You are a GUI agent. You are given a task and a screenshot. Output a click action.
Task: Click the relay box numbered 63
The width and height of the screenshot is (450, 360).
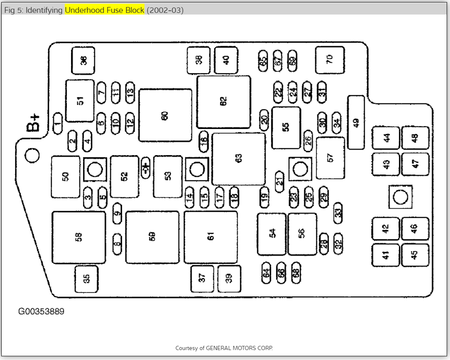(238, 159)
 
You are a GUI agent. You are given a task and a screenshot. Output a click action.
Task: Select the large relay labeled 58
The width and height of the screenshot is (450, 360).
(78, 237)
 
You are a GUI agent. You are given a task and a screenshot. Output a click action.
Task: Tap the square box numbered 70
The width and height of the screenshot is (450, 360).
(330, 60)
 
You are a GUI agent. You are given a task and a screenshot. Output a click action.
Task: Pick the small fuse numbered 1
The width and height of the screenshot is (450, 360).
(58, 123)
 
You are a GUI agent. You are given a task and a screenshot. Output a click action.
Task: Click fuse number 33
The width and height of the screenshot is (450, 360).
(338, 212)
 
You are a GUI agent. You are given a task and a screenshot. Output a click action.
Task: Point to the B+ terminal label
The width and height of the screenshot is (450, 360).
(34, 122)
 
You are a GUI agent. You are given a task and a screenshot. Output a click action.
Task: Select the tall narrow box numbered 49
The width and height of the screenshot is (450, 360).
(356, 122)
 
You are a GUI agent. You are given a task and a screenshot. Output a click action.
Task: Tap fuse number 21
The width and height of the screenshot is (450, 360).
(279, 181)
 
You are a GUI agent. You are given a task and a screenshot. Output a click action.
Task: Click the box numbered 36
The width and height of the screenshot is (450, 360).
(83, 61)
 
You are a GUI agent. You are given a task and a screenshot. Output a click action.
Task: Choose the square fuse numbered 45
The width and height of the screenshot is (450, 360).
(415, 255)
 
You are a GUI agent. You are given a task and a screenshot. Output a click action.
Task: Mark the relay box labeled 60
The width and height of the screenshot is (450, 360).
(165, 115)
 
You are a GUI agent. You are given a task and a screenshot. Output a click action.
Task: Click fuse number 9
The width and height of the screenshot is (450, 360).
(117, 213)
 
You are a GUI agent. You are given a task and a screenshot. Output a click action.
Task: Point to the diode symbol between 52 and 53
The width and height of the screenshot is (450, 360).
(146, 168)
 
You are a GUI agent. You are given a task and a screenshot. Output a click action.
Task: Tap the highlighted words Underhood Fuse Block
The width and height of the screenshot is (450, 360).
(104, 10)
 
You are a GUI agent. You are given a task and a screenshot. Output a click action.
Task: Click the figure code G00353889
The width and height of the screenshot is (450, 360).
(41, 311)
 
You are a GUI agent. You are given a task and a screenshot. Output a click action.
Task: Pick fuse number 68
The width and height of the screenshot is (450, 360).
(296, 272)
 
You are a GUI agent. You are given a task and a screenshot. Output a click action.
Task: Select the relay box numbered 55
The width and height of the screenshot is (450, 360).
(286, 128)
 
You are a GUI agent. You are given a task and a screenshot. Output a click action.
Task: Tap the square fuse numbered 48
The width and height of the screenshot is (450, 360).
(415, 138)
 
